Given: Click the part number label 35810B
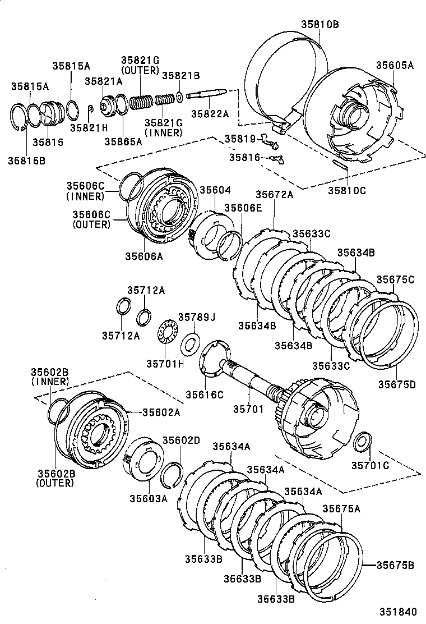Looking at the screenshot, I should point(319,24).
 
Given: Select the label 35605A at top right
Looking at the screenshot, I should point(395,65).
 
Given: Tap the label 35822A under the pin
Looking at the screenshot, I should point(210,113).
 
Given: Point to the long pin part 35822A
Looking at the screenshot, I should point(207,96).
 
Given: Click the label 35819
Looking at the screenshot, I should point(240,138).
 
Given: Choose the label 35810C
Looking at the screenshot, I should point(347,190).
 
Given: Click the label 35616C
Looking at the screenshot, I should point(205,394).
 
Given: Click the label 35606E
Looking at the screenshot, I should point(243,207).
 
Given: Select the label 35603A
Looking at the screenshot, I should point(149,498).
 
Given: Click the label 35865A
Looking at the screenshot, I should point(123,141).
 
